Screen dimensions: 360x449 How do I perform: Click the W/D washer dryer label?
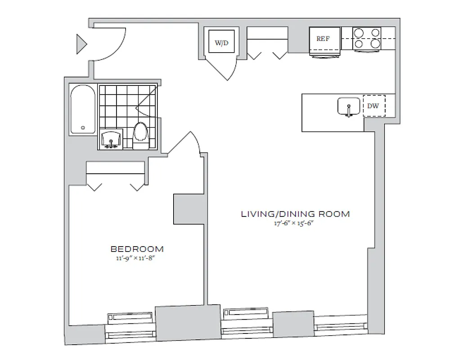point(221,43)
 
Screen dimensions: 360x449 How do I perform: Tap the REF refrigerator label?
point(323,39)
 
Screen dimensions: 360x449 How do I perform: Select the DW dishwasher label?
point(373,106)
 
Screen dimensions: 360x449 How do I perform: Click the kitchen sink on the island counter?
point(349,107)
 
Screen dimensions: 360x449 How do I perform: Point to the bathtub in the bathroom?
point(82,109)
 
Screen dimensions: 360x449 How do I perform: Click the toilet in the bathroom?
point(140,134)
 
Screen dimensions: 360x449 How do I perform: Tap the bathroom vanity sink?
point(111,139)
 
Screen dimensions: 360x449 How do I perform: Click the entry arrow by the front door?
point(81,44)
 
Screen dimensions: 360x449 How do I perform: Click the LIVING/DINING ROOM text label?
point(295,214)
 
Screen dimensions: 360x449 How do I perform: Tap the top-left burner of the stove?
point(359,33)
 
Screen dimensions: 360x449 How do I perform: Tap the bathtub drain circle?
point(83,128)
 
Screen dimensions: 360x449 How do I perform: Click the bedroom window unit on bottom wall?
point(130,326)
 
